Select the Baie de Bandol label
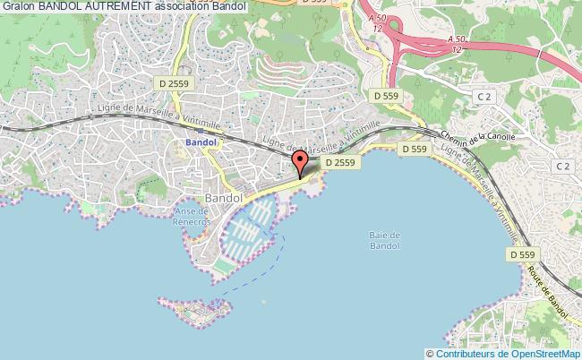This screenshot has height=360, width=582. point(383,240)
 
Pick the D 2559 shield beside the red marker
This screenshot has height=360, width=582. point(339,163)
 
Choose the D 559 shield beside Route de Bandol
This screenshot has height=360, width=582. point(522,255)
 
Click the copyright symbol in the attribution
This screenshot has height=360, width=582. point(430,353)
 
